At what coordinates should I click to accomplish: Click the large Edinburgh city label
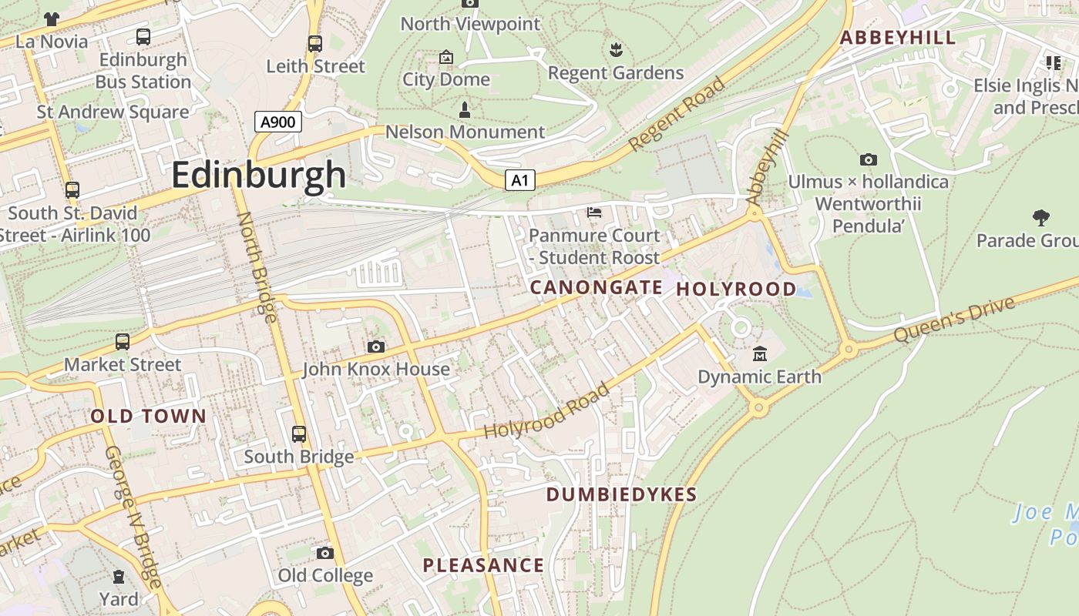pyautogui.click(x=258, y=175)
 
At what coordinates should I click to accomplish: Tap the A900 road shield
pyautogui.click(x=277, y=122)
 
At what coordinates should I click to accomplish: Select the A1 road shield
pyautogui.click(x=520, y=180)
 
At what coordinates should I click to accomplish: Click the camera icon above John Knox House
pyautogui.click(x=376, y=347)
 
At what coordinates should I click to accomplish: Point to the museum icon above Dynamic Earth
pyautogui.click(x=760, y=354)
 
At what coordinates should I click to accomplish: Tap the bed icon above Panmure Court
pyautogui.click(x=594, y=213)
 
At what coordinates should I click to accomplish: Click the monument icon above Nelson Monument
pyautogui.click(x=465, y=109)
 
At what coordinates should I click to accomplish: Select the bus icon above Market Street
pyautogui.click(x=122, y=341)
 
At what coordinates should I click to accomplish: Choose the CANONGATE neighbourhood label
pyautogui.click(x=596, y=287)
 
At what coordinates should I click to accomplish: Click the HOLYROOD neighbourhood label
pyautogui.click(x=736, y=289)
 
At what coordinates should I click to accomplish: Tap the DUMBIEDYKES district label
pyautogui.click(x=621, y=494)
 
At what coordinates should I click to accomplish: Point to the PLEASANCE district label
pyautogui.click(x=483, y=565)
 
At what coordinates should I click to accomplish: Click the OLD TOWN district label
pyautogui.click(x=148, y=417)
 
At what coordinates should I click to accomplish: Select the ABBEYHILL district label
pyautogui.click(x=897, y=38)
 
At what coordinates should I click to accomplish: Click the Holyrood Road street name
pyautogui.click(x=546, y=410)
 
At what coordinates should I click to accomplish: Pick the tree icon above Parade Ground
pyautogui.click(x=1041, y=218)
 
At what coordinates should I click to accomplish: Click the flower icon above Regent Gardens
pyautogui.click(x=615, y=51)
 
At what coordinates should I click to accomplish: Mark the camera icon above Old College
pyautogui.click(x=325, y=553)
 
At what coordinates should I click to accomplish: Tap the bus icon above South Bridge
pyautogui.click(x=299, y=434)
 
